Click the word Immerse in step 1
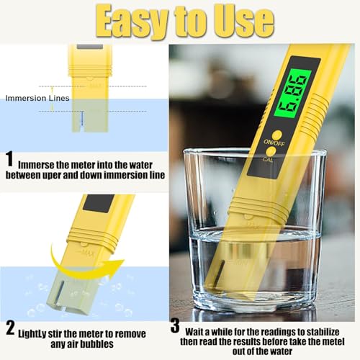click(x=40, y=163)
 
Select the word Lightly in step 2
click(x=37, y=334)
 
